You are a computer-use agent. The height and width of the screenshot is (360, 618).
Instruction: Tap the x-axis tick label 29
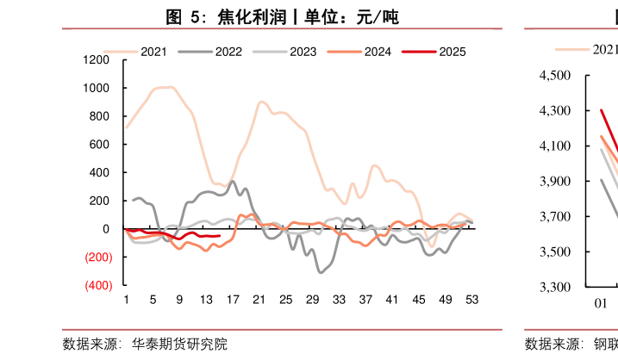[x=313, y=299]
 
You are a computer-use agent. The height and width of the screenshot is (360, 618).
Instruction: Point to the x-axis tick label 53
[x=471, y=299]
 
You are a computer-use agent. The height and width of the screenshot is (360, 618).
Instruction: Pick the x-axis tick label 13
[x=206, y=299]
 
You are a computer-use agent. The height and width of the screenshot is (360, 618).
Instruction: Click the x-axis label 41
[x=392, y=299]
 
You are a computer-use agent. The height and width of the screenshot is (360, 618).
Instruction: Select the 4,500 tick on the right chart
[x=555, y=76]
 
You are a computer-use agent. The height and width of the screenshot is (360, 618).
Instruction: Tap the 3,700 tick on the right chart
[x=555, y=216]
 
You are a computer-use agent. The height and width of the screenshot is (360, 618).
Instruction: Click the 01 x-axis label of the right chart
[x=602, y=303]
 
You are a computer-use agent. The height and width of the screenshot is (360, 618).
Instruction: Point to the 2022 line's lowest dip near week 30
[x=320, y=272]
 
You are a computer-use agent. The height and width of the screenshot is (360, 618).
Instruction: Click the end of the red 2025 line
[x=220, y=235]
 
